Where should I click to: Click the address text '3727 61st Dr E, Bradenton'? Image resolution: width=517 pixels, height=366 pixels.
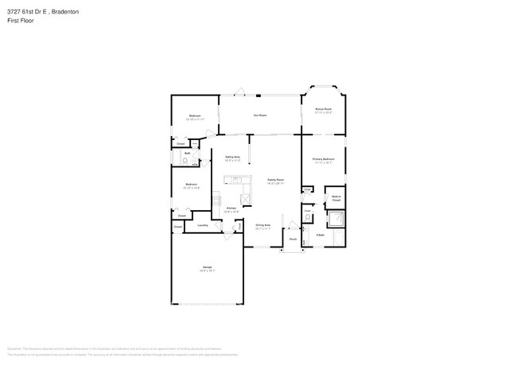[41, 13]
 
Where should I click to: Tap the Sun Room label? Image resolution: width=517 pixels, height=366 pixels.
[259, 115]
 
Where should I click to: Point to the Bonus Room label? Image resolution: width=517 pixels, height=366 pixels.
[323, 110]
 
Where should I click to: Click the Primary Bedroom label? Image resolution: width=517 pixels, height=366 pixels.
[323, 161]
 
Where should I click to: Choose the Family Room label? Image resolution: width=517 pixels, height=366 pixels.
[276, 181]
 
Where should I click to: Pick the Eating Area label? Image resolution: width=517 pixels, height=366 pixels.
[232, 158]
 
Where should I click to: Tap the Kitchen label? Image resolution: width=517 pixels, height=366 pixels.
[231, 210]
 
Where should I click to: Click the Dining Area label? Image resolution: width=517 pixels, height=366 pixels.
[262, 226]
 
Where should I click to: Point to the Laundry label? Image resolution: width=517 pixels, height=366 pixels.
[202, 225]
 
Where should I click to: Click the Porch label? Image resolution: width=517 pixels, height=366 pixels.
[292, 239]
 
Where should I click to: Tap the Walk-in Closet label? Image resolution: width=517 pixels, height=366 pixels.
[336, 197]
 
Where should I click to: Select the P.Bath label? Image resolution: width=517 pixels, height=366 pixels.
[320, 236]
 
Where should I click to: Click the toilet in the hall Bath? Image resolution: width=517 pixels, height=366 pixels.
[185, 161]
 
